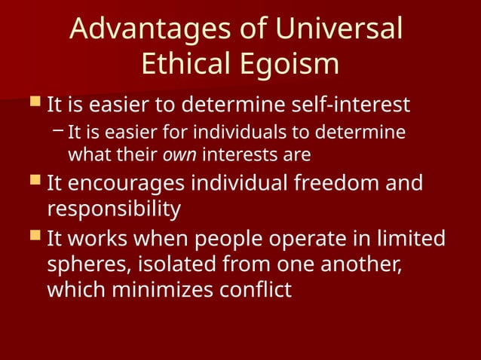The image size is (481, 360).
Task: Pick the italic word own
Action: coord(181,156)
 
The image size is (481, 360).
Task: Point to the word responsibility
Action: coord(115,209)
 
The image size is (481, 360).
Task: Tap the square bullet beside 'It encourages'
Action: coord(34,182)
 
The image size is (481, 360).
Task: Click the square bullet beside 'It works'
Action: coord(34,237)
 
